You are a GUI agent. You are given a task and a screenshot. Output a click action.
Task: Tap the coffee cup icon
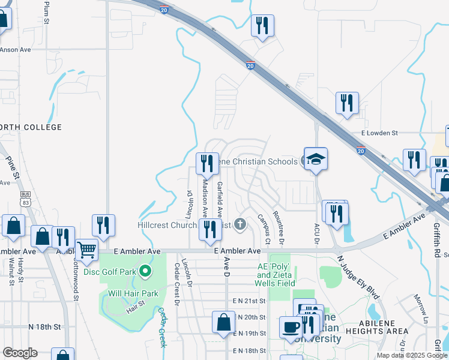coord(291,328)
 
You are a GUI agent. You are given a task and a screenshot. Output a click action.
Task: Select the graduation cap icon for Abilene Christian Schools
coord(316,160)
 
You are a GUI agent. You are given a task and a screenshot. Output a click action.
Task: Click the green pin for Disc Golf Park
coord(145,272)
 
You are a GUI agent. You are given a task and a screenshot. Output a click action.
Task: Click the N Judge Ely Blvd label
coord(358,277)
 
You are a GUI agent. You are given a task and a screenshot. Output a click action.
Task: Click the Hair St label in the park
coord(137,309)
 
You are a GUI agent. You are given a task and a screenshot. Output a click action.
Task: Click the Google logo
coord(20,353)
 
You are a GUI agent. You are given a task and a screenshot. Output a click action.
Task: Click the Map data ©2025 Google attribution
coord(412,355)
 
